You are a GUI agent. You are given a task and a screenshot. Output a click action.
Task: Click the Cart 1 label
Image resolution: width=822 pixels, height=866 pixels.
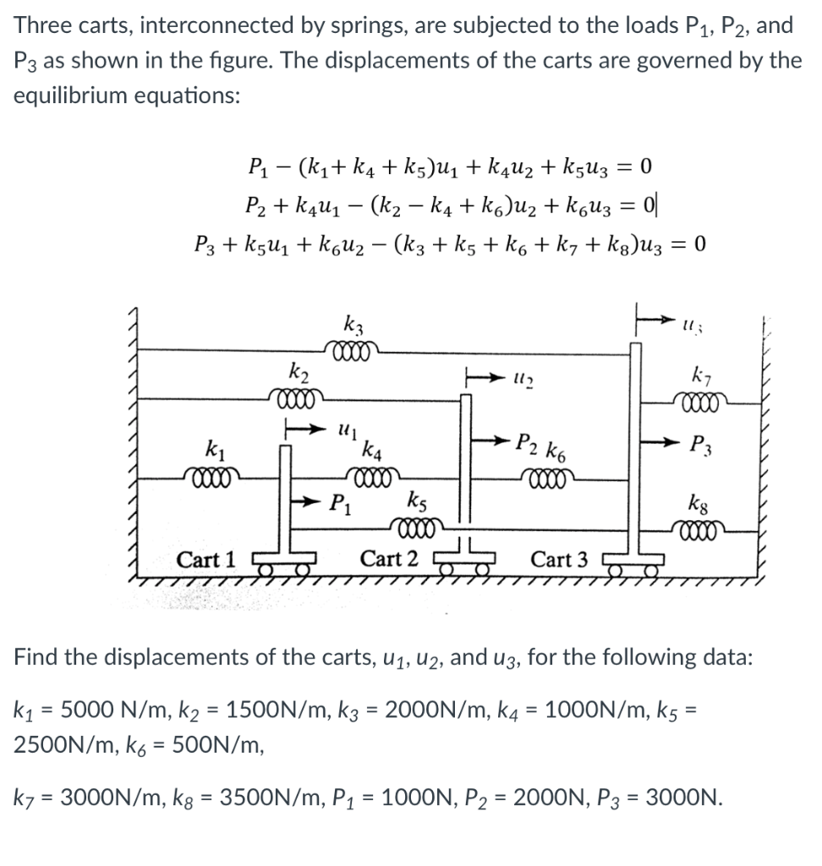(x=207, y=559)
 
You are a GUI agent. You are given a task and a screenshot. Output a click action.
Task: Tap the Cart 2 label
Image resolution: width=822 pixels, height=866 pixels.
(x=389, y=559)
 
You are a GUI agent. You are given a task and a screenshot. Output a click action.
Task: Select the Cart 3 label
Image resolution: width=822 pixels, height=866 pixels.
(x=559, y=559)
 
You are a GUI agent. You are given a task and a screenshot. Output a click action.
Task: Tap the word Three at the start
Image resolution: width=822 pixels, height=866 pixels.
(x=39, y=25)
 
